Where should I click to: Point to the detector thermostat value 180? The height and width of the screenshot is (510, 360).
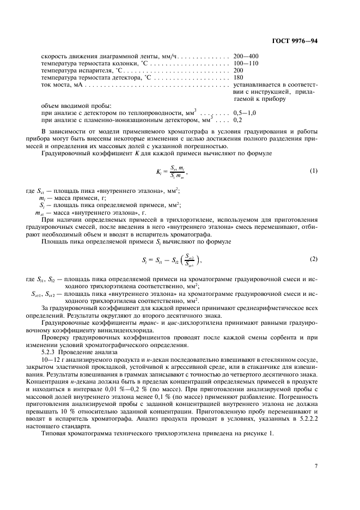click(x=239, y=77)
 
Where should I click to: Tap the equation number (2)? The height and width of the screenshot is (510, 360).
click(x=313, y=259)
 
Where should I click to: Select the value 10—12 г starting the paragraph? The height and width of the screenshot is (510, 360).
click(x=53, y=344)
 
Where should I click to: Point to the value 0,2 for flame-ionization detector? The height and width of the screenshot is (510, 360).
click(x=238, y=119)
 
